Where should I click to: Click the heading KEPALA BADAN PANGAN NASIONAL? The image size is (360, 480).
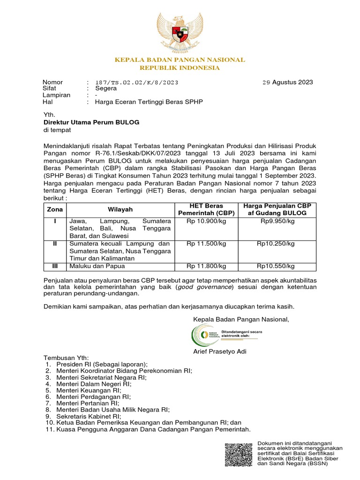[x=180, y=60]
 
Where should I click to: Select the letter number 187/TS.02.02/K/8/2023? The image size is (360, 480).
[x=136, y=82]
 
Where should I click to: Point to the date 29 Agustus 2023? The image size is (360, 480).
[x=287, y=82]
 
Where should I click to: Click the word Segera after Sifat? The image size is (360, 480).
[x=106, y=88]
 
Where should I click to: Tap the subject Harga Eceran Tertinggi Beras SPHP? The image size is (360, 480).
[x=149, y=101]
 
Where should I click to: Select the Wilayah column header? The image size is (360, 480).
[x=120, y=209]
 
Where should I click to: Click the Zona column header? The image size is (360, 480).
[x=55, y=209]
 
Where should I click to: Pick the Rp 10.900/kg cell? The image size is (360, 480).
[x=206, y=220]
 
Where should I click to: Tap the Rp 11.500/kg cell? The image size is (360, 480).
[x=206, y=244]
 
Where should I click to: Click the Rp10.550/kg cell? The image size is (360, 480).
[x=276, y=266]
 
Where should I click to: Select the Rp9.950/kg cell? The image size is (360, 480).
[x=276, y=220]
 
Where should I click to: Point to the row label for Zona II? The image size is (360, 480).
[x=55, y=244]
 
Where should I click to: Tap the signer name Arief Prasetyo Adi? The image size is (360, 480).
[x=220, y=352]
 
